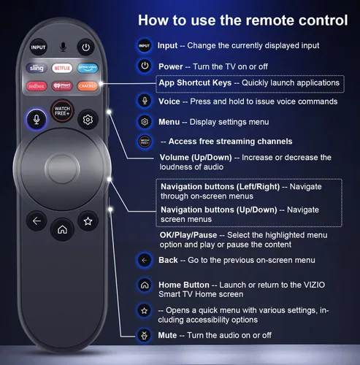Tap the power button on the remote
[86, 47]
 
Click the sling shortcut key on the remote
[37, 68]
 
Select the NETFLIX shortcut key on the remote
[62, 68]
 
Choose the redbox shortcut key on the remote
[37, 85]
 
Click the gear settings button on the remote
[88, 119]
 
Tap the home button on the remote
[62, 229]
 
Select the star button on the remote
[88, 220]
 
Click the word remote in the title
[257, 20]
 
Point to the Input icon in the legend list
[145, 46]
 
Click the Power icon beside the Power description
[145, 66]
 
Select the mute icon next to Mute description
[145, 335]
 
